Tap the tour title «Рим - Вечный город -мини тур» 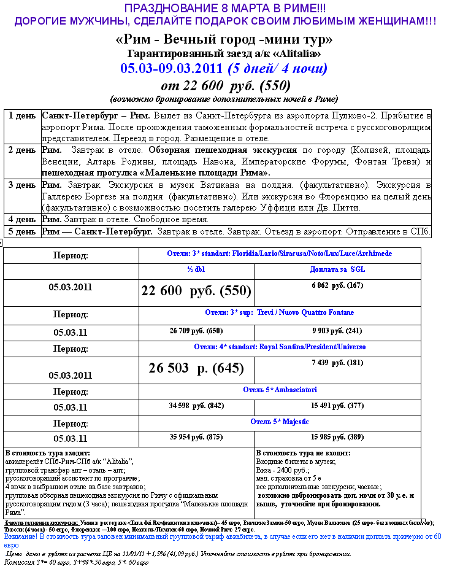(x=224, y=40)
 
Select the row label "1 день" (x=22, y=116)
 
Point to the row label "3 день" (x=22, y=185)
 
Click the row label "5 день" (x=22, y=231)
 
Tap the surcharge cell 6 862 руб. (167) (x=337, y=285)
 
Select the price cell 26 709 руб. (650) (x=196, y=331)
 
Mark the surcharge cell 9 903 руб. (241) (x=337, y=331)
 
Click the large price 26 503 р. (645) (x=196, y=368)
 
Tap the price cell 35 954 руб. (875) (x=196, y=438)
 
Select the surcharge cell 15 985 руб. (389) (x=337, y=438)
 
